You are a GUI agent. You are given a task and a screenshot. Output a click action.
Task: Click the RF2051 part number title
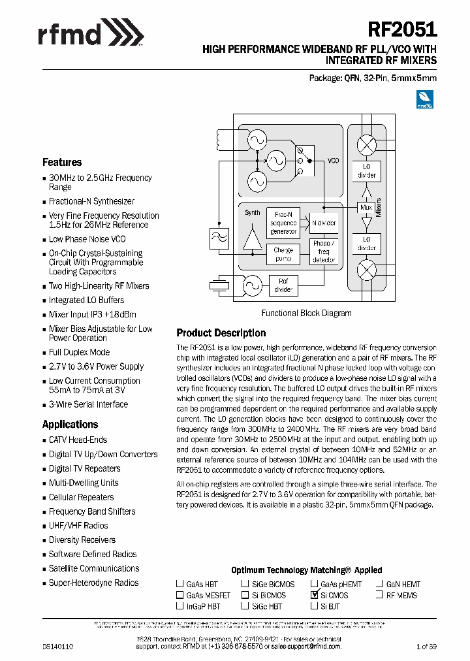(x=403, y=30)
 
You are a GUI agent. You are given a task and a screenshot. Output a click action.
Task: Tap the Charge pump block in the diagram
(x=283, y=254)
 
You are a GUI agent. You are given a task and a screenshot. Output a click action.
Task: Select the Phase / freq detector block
(x=324, y=251)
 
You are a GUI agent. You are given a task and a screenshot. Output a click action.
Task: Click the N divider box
(x=324, y=223)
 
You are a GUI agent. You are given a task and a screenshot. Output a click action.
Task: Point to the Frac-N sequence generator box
(x=283, y=223)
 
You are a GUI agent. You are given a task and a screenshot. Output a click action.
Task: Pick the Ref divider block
(x=283, y=285)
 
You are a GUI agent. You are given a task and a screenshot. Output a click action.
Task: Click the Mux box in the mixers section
(x=367, y=208)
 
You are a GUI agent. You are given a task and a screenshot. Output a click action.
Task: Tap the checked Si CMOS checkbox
(x=315, y=596)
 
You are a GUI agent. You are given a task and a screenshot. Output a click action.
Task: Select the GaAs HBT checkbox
(x=180, y=585)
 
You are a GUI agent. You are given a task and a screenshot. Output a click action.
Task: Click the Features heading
(x=62, y=162)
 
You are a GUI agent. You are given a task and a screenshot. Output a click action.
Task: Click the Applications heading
(x=70, y=424)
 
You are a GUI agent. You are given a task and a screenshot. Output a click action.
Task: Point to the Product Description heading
(x=221, y=332)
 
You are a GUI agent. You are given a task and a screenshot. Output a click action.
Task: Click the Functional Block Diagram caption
(x=306, y=313)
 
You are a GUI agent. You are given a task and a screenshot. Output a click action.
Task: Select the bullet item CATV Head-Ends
(x=78, y=440)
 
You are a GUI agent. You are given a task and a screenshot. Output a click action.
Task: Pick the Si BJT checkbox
(x=315, y=607)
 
